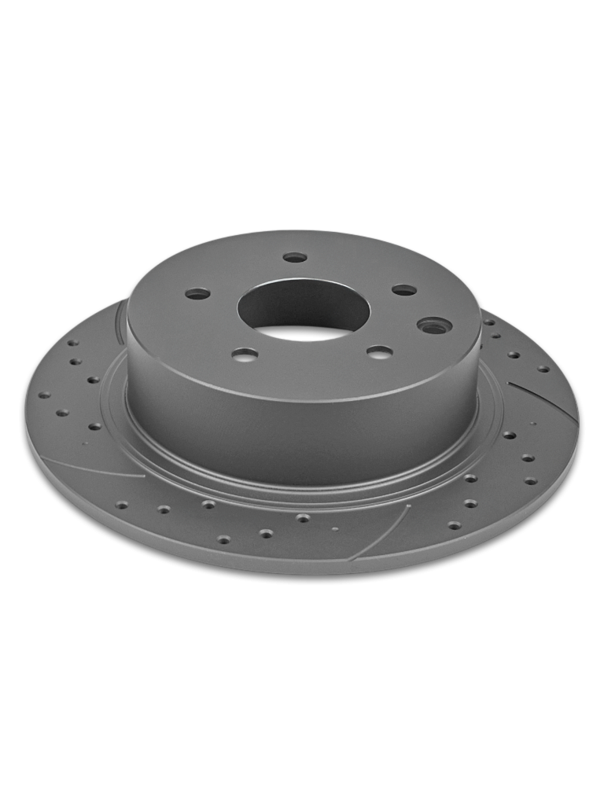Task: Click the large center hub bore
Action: (x=304, y=309)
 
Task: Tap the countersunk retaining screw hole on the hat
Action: (x=434, y=325)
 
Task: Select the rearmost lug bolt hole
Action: (x=295, y=257)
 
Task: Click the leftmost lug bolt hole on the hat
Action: (x=197, y=294)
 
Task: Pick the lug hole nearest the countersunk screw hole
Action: (x=404, y=290)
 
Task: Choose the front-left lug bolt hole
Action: (x=245, y=355)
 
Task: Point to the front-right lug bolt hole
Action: (x=379, y=351)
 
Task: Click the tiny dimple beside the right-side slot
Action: (x=533, y=424)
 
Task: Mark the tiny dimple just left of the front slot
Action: (x=335, y=528)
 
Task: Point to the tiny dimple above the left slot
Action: (x=85, y=445)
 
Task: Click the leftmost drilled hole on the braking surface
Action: (x=44, y=395)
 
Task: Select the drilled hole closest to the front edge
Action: (x=224, y=539)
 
